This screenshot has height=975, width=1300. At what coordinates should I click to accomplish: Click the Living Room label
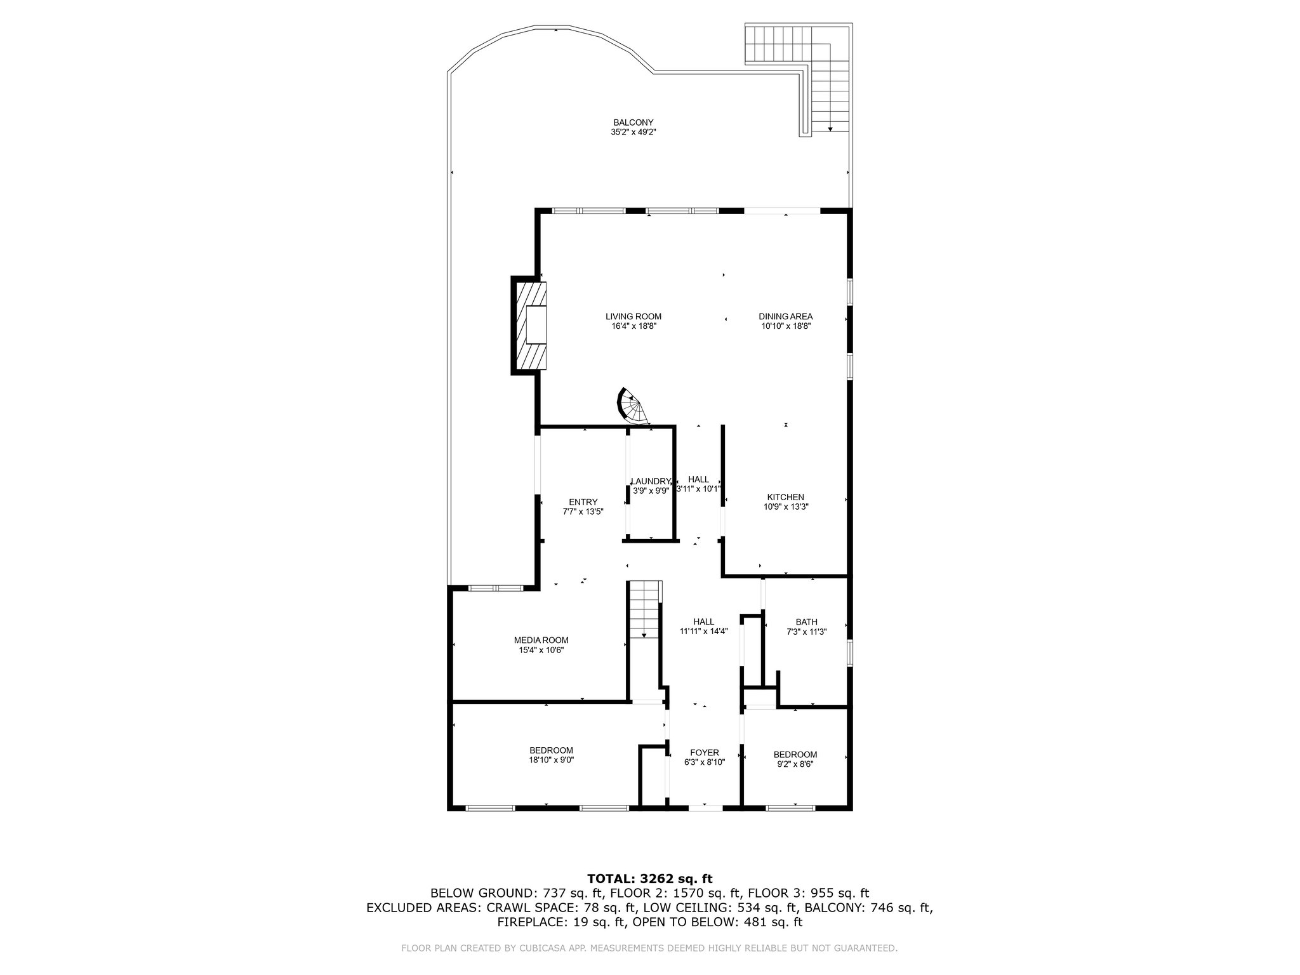coord(633,316)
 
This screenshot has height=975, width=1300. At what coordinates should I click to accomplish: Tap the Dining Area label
coord(786,316)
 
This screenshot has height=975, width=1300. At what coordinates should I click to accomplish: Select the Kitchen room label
coord(786,497)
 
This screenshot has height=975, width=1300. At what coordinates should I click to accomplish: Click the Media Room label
coord(541,640)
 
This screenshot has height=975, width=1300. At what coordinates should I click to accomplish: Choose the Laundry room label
coord(651,481)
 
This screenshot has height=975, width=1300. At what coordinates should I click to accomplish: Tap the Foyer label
coord(705,752)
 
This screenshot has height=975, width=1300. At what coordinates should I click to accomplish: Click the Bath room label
coord(807,622)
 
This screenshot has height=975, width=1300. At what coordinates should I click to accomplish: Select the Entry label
coord(583,502)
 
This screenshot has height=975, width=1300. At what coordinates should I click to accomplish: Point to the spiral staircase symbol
coord(633,406)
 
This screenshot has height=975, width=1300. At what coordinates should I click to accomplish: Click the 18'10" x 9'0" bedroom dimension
coord(552,760)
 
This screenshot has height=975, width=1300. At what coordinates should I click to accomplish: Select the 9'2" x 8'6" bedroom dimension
coord(795,764)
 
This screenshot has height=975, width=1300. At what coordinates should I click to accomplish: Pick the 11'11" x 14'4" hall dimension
coord(704,632)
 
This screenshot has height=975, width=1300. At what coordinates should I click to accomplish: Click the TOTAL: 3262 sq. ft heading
coord(650,879)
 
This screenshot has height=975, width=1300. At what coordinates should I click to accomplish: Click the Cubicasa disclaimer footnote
coord(650,948)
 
